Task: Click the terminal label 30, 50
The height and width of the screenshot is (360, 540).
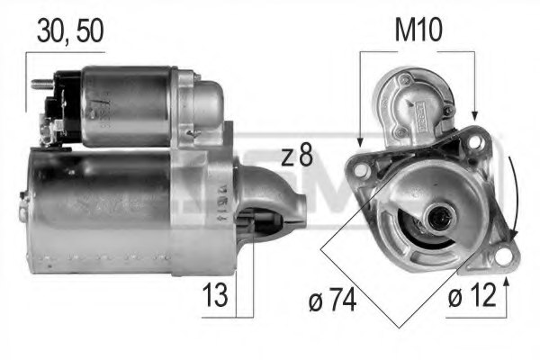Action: pyautogui.click(x=70, y=30)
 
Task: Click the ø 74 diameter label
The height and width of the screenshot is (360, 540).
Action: pyautogui.click(x=330, y=299)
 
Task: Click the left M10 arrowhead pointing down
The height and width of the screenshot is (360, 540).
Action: pyautogui.click(x=360, y=141)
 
